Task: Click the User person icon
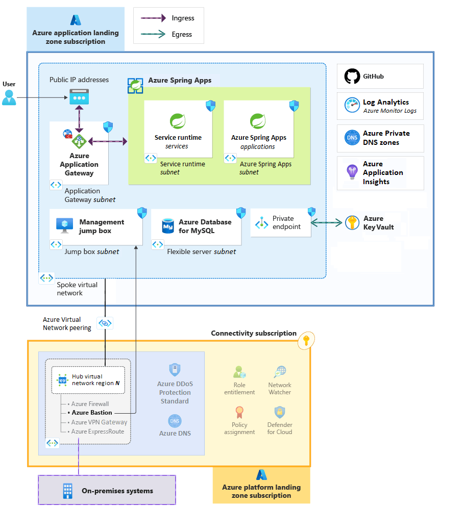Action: pos(9,97)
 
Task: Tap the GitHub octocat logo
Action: pos(352,77)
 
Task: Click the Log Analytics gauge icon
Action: pos(352,106)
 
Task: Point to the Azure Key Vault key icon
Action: pos(352,223)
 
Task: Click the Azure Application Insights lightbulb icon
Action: pos(352,172)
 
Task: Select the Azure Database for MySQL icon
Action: pos(167,226)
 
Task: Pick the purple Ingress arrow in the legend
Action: pos(154,18)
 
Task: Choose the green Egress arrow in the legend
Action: pos(154,35)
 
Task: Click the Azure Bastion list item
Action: pos(91,413)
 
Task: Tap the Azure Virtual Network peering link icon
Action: pos(105,323)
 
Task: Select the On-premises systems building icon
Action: pos(67,491)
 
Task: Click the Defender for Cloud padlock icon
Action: pos(279,412)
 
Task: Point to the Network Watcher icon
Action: pos(279,372)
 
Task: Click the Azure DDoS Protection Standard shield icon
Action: pos(175,370)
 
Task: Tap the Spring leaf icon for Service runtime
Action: pos(178,121)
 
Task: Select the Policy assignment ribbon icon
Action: pos(239,412)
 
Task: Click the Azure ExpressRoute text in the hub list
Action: pos(97,432)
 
